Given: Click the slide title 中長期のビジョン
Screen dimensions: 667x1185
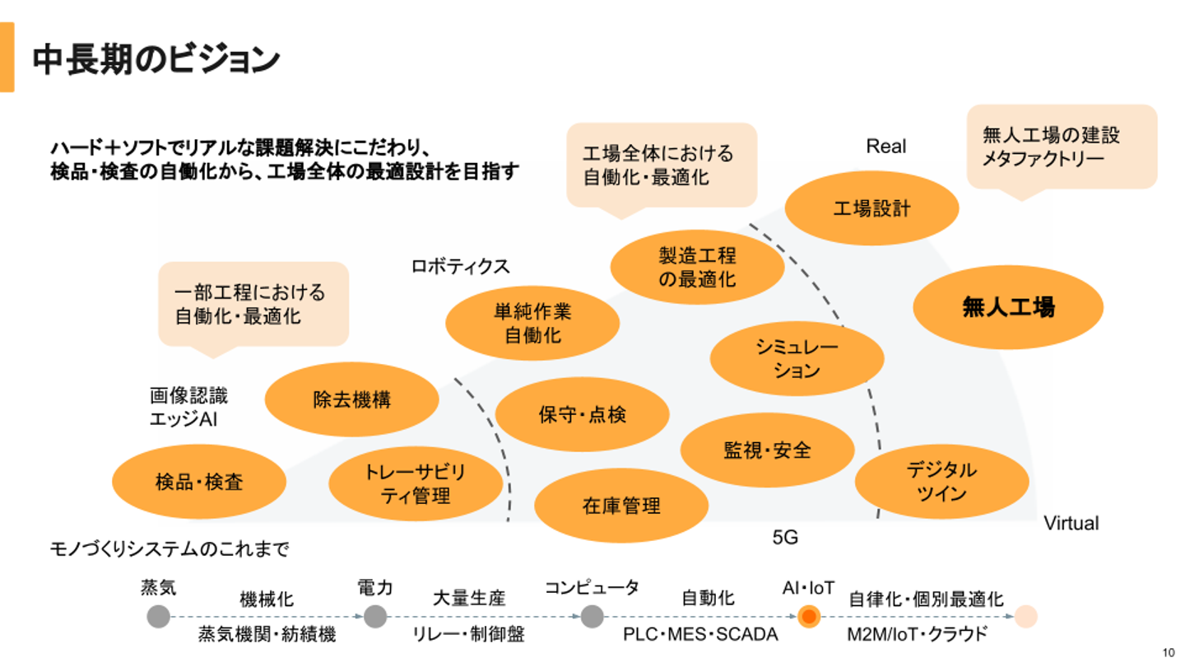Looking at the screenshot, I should (x=156, y=60).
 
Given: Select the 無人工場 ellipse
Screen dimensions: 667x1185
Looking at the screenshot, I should (x=1008, y=308).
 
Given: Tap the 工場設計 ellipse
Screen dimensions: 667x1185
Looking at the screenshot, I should (x=871, y=208).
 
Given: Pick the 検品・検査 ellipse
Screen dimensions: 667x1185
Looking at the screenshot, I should (x=199, y=482).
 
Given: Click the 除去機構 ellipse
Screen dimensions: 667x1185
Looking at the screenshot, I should (x=351, y=399).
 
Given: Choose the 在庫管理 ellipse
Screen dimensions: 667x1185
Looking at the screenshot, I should (x=621, y=506).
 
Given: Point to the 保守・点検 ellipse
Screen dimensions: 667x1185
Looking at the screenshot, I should (x=582, y=414).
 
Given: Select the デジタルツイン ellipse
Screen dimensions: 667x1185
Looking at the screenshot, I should (x=942, y=482).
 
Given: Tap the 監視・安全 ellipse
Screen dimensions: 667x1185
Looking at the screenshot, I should (x=767, y=450).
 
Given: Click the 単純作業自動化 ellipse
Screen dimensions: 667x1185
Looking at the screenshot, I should (x=532, y=323).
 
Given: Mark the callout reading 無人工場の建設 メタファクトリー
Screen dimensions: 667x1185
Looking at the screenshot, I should (x=1062, y=146).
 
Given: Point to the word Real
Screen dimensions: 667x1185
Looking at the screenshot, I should (x=885, y=147).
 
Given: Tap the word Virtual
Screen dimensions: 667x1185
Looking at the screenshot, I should (x=1071, y=523).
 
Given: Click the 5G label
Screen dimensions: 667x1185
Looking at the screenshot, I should (x=785, y=538).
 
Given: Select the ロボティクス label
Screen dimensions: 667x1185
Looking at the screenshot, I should (x=460, y=267).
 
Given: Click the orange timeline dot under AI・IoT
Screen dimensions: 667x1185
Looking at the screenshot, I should (x=809, y=617).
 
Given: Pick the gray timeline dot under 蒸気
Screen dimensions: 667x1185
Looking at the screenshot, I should (x=159, y=617).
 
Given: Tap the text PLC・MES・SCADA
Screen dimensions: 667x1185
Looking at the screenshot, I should (x=699, y=635).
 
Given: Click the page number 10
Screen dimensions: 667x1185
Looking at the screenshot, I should (x=1168, y=653).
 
